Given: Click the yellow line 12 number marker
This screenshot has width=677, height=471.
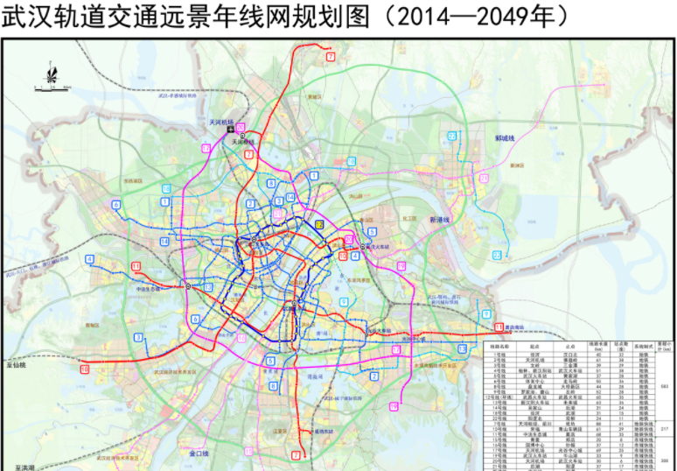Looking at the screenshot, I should (x=320, y=224).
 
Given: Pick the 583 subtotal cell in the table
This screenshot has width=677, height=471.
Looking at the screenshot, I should (x=663, y=385).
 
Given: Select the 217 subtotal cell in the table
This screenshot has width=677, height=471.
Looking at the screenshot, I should (x=663, y=430).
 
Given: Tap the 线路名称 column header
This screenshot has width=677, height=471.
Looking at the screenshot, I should (x=501, y=346).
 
